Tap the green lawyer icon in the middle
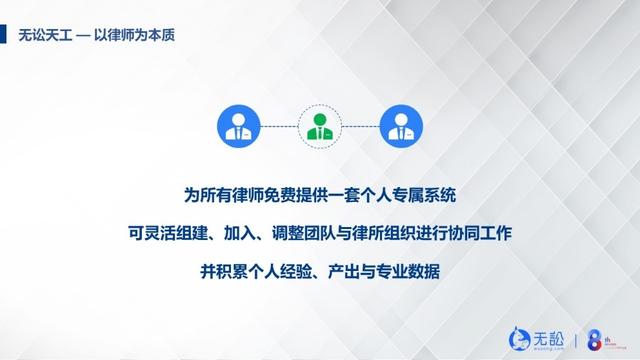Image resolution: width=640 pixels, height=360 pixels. coord(320,125)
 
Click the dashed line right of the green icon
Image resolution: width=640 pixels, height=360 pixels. coord(361,125)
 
